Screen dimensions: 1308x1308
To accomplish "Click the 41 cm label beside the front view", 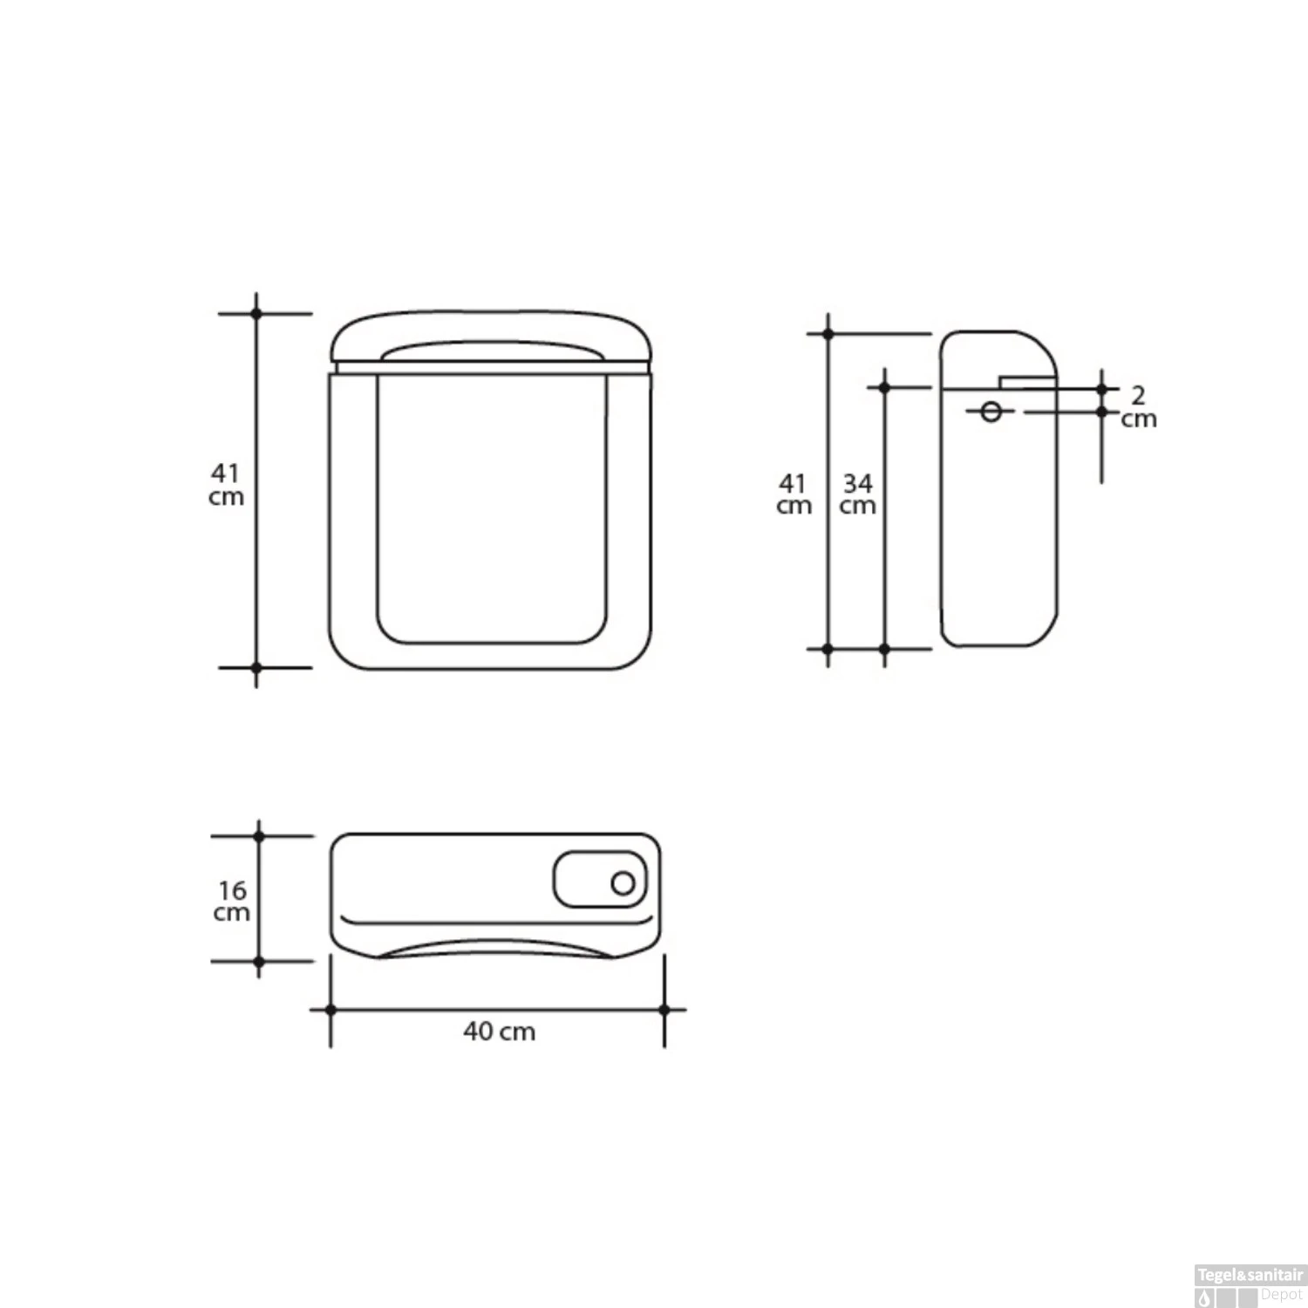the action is (226, 485).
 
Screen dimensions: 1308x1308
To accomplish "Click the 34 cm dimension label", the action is (858, 494).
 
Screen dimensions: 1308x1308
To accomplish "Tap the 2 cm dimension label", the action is (1139, 407).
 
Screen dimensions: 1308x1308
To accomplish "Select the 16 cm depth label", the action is (232, 901).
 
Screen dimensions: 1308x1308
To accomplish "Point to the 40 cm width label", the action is (499, 1032).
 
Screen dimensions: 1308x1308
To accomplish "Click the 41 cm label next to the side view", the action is (794, 494).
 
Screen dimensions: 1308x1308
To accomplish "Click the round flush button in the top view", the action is (623, 883).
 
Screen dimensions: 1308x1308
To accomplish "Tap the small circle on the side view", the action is (991, 412).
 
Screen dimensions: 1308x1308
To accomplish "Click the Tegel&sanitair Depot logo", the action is (1250, 1285).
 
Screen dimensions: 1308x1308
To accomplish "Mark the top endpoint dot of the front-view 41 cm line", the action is (256, 313).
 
